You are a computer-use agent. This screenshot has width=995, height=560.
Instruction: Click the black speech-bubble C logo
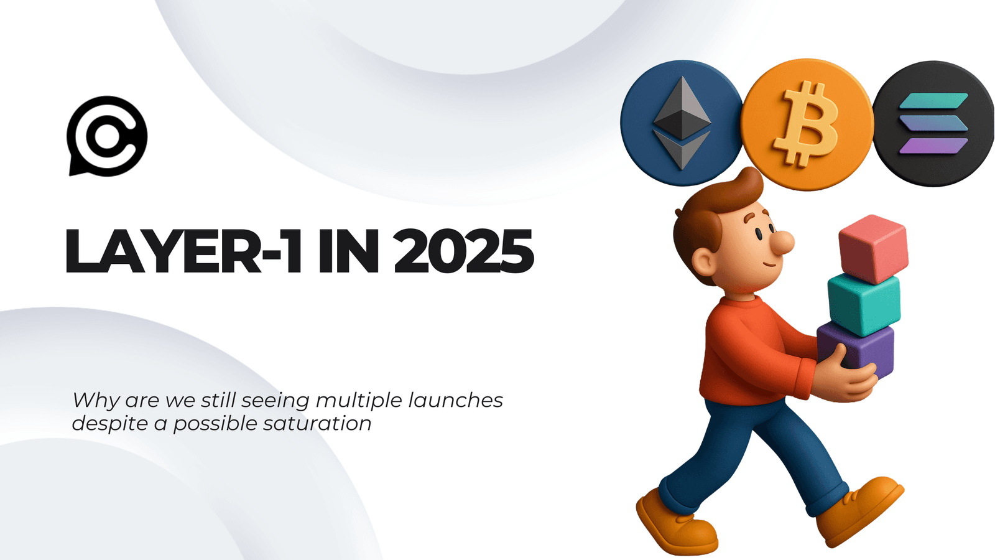click(x=107, y=136)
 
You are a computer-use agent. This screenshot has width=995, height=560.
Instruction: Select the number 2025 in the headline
click(x=463, y=252)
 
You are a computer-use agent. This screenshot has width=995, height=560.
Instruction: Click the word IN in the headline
click(x=348, y=252)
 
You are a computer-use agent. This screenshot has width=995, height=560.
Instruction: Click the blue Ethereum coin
click(x=682, y=123)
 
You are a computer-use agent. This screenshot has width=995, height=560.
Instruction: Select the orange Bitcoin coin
click(x=807, y=124)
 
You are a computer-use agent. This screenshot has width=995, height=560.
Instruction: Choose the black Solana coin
click(x=933, y=124)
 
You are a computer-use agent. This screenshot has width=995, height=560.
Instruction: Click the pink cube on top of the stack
click(x=873, y=248)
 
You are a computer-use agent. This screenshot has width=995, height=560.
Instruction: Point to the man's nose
click(x=783, y=242)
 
